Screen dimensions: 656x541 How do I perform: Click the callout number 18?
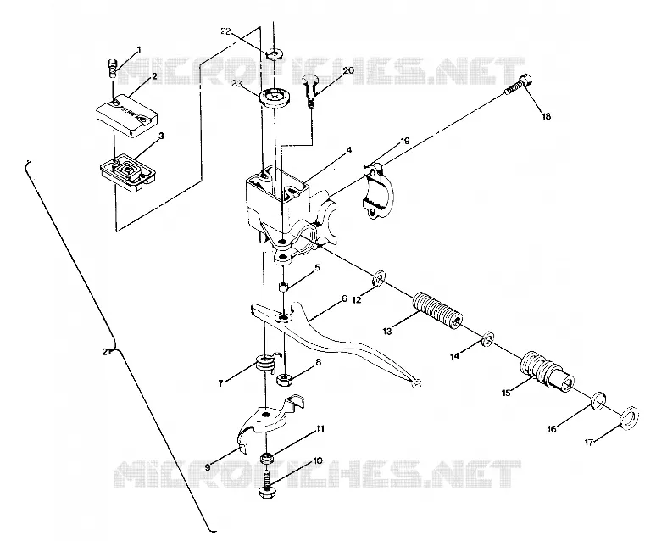pyautogui.click(x=547, y=116)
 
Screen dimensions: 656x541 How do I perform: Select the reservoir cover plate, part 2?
pyautogui.click(x=127, y=115)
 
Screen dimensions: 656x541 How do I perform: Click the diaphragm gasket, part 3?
pyautogui.click(x=128, y=173)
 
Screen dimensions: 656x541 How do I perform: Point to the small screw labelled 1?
pyautogui.click(x=111, y=69)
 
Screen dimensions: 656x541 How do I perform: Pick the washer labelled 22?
pyautogui.click(x=275, y=54)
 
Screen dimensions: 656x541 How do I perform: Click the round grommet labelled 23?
pyautogui.click(x=275, y=98)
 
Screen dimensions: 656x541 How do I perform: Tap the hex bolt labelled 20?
pyautogui.click(x=309, y=89)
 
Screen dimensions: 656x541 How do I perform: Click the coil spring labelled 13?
pyautogui.click(x=437, y=311)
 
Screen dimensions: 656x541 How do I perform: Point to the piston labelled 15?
pyautogui.click(x=547, y=371)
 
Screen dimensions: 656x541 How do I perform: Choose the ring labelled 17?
pyautogui.click(x=629, y=417)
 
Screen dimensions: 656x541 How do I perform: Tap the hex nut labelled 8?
pyautogui.click(x=285, y=379)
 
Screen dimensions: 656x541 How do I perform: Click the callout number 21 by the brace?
pyautogui.click(x=107, y=351)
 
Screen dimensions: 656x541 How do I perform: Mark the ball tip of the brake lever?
pyautogui.click(x=415, y=383)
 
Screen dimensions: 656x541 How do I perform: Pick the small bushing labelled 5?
pyautogui.click(x=284, y=287)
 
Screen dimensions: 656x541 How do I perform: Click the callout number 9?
pyautogui.click(x=208, y=466)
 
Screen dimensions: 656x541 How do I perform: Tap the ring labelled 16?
pyautogui.click(x=598, y=401)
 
